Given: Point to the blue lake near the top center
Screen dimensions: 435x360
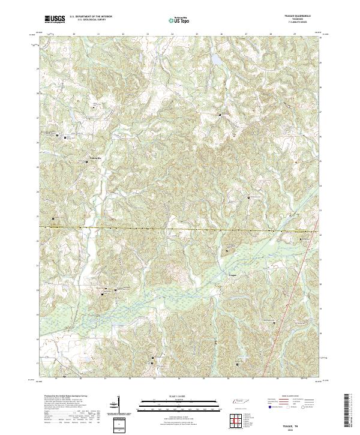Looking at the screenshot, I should [214, 59].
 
